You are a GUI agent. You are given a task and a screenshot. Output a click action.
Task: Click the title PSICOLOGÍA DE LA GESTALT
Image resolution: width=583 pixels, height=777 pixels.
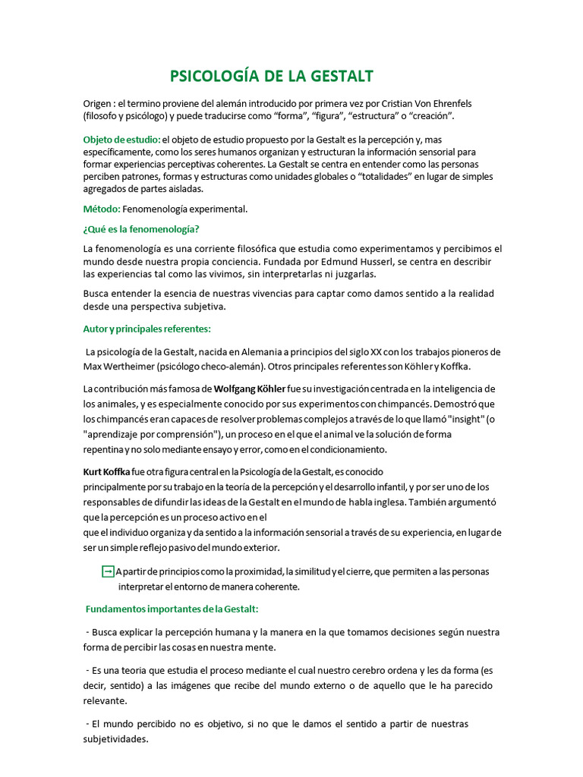271,76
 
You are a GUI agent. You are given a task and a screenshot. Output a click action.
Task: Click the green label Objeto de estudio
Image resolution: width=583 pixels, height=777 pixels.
121,140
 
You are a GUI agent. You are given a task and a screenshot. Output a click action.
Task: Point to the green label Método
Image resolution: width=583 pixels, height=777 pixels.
102,209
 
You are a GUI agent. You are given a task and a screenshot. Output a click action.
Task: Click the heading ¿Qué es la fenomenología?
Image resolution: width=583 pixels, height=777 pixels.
141,229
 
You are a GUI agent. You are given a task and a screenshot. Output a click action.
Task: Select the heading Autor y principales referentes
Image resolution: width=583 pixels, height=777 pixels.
147,329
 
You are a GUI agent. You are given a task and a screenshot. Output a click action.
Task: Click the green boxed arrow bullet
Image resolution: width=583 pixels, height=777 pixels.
108,571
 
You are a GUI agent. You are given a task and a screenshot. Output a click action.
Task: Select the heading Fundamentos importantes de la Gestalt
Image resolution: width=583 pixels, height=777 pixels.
172,609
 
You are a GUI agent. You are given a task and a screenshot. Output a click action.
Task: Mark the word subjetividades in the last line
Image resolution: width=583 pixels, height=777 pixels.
115,738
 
